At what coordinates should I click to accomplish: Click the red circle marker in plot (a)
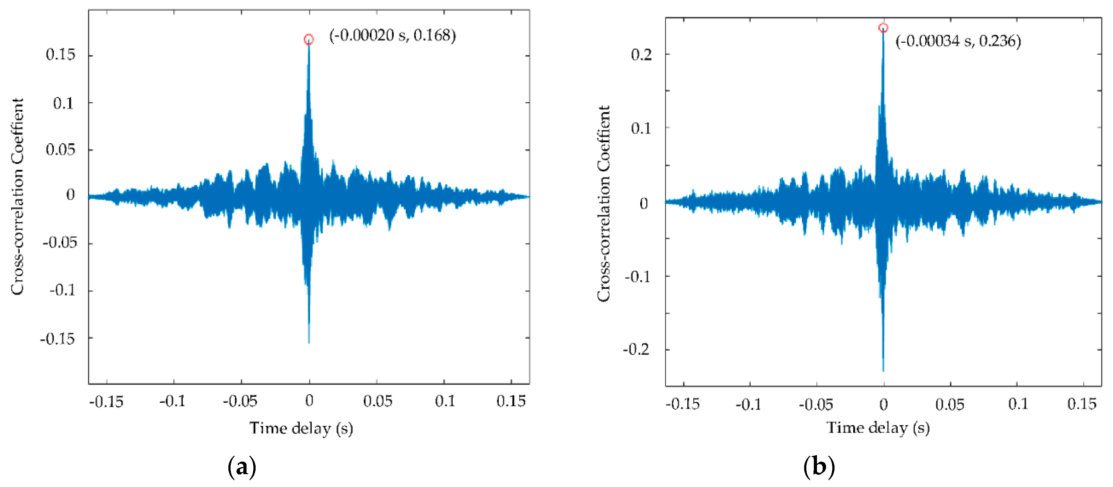309,40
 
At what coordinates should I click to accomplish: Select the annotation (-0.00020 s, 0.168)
392,35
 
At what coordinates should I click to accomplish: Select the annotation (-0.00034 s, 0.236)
958,41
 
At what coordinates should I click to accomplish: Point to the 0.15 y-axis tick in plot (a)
60,55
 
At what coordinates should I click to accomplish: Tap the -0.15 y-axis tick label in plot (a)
57,339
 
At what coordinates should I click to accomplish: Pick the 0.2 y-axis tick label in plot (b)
641,55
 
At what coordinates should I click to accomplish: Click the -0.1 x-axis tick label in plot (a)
172,401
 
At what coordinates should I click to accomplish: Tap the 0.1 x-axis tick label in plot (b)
1018,404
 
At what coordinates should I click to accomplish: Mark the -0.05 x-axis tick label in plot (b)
816,405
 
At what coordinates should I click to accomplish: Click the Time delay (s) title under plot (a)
301,428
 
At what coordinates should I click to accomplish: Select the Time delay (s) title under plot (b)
878,428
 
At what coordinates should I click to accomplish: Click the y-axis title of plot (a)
17,197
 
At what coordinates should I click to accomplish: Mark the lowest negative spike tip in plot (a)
309,342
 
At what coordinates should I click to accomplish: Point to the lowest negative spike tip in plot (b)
883,371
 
